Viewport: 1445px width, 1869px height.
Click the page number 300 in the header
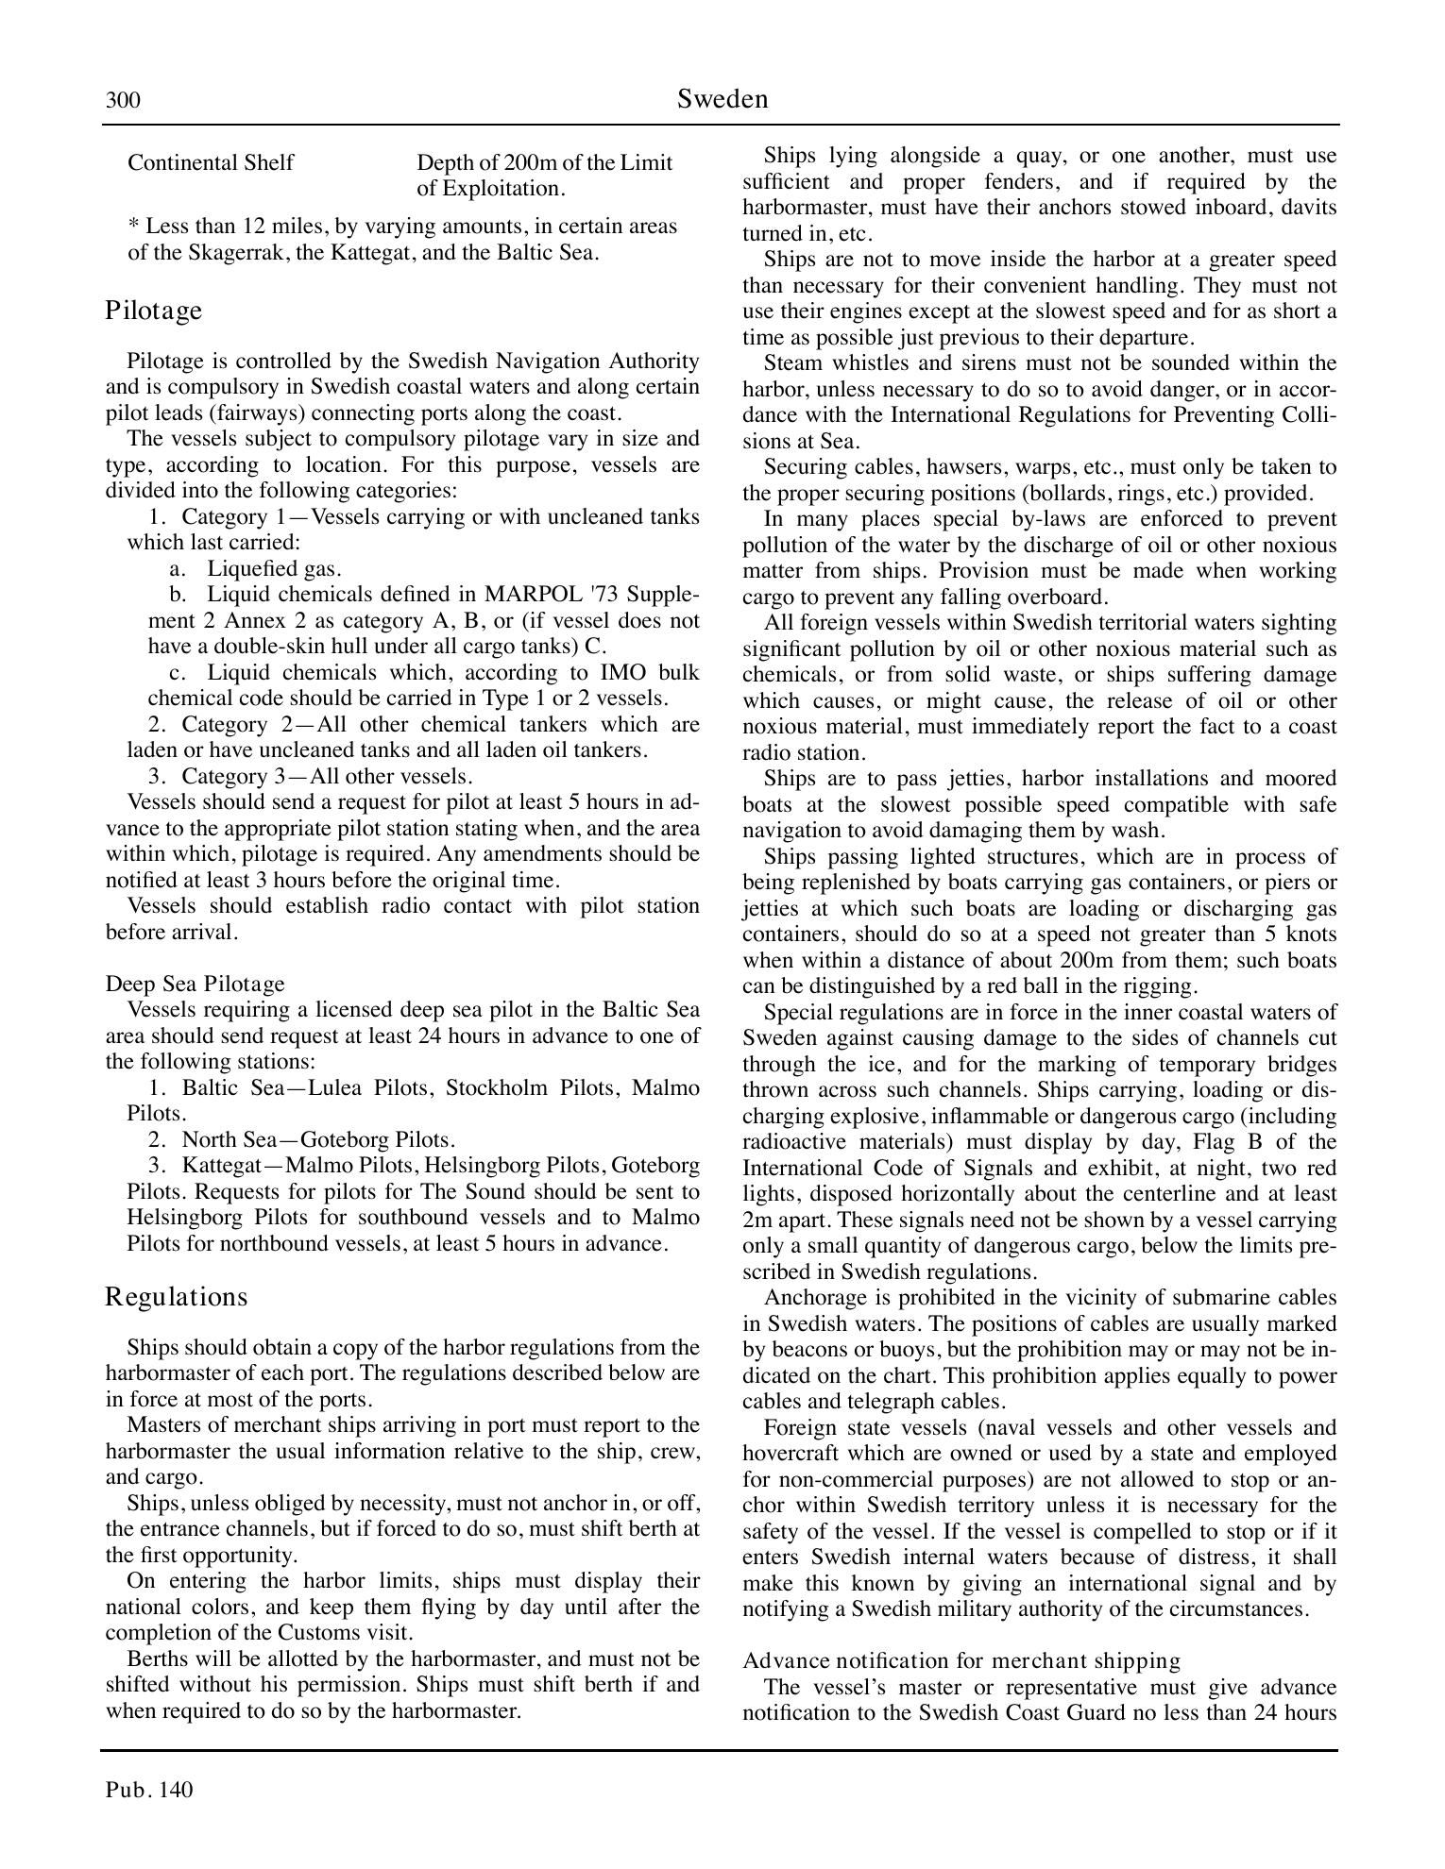[123, 100]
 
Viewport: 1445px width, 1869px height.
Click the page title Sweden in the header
[722, 99]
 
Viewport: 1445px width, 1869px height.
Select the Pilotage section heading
[153, 311]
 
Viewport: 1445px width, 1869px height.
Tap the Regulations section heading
[176, 1297]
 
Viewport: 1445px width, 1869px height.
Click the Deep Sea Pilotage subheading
[195, 984]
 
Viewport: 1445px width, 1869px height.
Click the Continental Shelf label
[211, 162]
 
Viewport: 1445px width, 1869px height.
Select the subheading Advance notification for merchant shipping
[961, 1660]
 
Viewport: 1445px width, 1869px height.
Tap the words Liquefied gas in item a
[273, 568]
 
